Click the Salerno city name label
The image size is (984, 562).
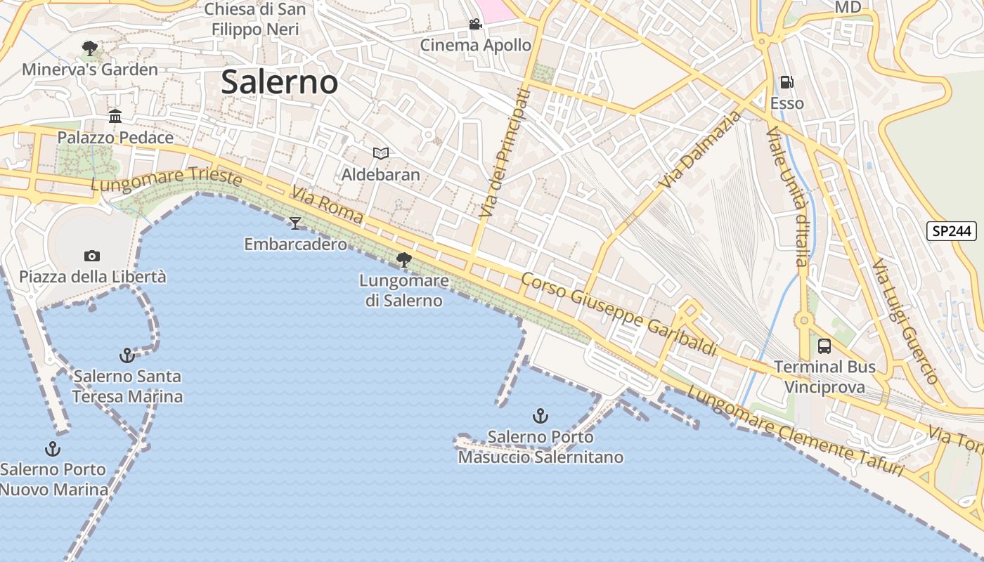tap(280, 82)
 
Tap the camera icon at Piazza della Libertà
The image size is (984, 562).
tap(91, 256)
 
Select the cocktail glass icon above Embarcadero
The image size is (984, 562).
tap(295, 223)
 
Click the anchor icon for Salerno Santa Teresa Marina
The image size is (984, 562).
tap(127, 355)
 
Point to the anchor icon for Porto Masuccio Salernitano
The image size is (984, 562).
tap(540, 416)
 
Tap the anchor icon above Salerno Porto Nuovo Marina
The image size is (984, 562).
tap(53, 449)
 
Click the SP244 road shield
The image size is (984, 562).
tap(952, 230)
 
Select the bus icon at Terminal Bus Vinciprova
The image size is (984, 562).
tap(824, 346)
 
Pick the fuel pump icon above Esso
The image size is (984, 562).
tap(787, 82)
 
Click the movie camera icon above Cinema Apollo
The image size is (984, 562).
tap(476, 25)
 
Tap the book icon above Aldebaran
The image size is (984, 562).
tap(381, 153)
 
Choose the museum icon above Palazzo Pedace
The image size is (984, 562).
tap(115, 116)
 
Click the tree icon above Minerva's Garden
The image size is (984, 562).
tap(89, 48)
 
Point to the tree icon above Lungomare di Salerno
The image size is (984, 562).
tap(404, 260)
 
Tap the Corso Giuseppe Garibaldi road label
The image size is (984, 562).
tap(619, 313)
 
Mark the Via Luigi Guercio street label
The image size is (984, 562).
tap(905, 321)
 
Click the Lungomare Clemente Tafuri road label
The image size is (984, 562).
tap(795, 431)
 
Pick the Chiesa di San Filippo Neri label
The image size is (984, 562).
tap(255, 20)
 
